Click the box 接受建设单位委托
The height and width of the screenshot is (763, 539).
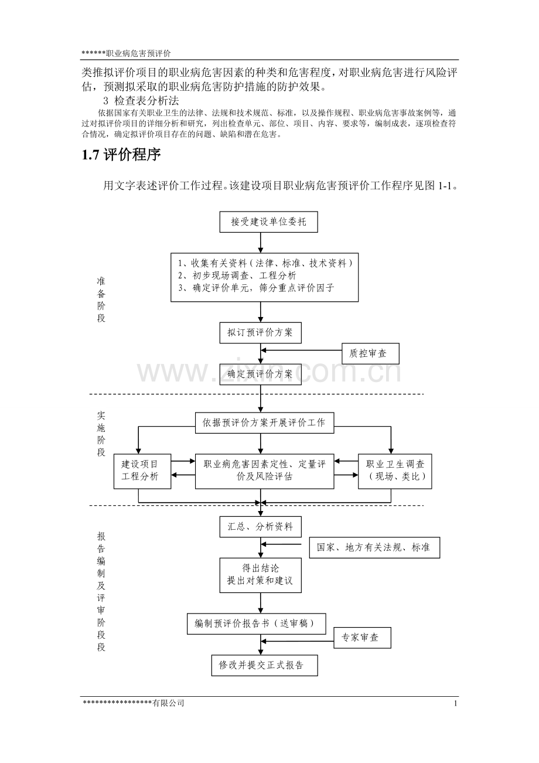pos(269,222)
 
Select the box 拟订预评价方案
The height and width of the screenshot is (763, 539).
pos(261,332)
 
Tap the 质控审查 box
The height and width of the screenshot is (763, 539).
pos(370,353)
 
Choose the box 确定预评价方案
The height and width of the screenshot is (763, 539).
pos(261,374)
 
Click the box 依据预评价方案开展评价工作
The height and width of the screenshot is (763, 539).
pos(265,423)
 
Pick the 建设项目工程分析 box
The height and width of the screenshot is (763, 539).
pos(142,471)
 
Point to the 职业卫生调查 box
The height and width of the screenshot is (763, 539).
pos(395,471)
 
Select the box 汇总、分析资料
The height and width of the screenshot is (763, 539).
pos(261,527)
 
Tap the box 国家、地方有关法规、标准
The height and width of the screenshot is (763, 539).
pos(374,548)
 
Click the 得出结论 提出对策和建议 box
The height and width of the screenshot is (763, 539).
pos(261,575)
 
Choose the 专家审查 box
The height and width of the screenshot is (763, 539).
pos(362,638)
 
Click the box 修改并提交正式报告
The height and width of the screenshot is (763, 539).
pos(265,665)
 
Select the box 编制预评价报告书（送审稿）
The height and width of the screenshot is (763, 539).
pos(257,624)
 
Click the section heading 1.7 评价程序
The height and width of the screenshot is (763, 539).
pos(121,155)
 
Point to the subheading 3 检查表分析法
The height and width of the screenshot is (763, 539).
pos(141,101)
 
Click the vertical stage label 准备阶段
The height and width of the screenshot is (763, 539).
pos(101,300)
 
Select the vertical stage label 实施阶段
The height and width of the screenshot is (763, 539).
pos(101,434)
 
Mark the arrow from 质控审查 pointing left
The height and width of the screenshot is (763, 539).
pos(301,350)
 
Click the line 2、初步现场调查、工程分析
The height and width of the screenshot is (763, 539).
pos(237,275)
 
